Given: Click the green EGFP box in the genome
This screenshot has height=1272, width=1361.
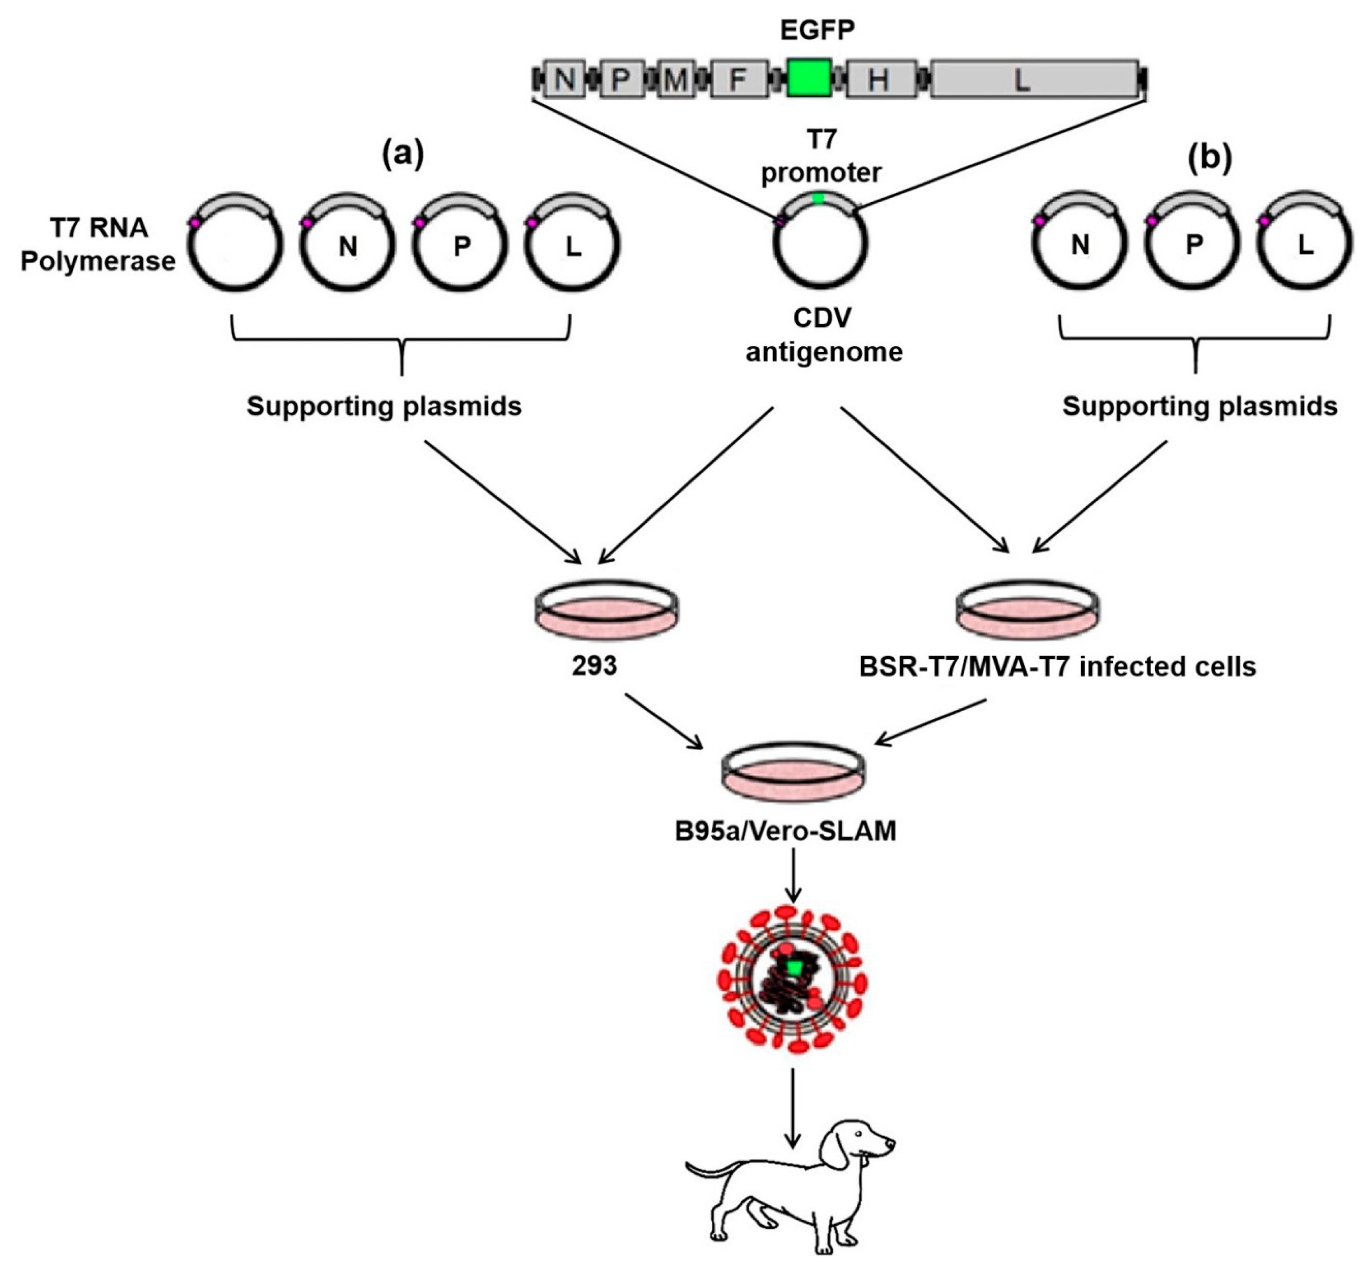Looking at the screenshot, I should [809, 78].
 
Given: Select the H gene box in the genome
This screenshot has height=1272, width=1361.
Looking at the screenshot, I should [881, 79].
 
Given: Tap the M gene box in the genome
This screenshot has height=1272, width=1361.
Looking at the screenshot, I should [675, 79].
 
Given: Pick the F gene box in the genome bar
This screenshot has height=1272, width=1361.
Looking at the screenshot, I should [738, 79].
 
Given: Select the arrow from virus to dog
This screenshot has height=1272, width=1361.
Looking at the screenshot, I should [793, 1107].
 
